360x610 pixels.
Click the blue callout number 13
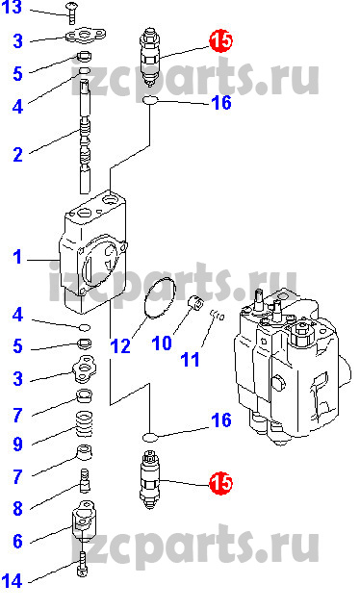click(13, 7)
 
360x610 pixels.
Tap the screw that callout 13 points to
click(72, 11)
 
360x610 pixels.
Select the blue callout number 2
click(18, 155)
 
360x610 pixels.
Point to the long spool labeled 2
click(86, 137)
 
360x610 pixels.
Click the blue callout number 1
click(17, 257)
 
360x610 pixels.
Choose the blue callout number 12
click(120, 345)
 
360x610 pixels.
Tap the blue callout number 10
click(162, 343)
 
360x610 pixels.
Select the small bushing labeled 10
click(196, 303)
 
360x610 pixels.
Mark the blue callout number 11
click(191, 360)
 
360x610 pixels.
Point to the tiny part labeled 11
click(218, 315)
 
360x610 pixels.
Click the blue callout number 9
click(18, 444)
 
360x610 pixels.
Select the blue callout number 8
click(18, 508)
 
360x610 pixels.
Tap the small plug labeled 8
click(85, 479)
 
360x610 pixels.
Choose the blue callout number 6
click(18, 541)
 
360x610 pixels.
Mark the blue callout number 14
click(13, 581)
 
